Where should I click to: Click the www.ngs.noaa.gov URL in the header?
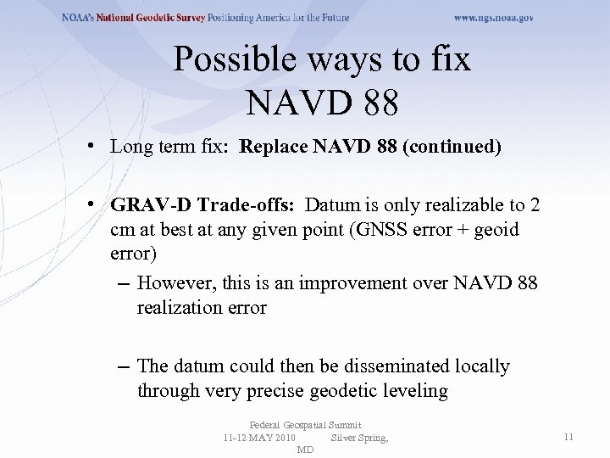[493, 18]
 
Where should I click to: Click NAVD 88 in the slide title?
[322, 104]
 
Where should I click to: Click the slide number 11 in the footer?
[568, 437]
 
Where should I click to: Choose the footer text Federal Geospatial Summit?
[305, 425]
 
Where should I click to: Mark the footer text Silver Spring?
[359, 437]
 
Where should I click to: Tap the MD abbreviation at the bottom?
[305, 449]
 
